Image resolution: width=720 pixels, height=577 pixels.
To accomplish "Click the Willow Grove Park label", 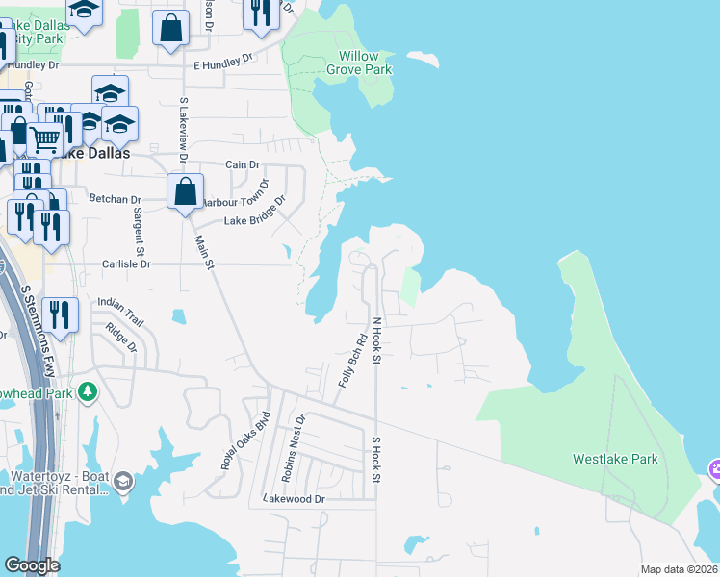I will [x=359, y=63].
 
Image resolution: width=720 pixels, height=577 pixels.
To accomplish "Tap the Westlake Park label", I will [x=615, y=459].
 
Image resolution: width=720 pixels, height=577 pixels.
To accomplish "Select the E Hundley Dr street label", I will [x=222, y=65].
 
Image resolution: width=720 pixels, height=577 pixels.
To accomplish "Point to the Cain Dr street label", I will [x=243, y=164].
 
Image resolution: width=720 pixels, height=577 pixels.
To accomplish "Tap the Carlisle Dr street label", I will [x=122, y=263].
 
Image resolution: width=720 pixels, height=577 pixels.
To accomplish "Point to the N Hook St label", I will [x=377, y=341].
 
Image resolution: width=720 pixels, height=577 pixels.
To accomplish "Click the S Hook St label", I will [x=377, y=460].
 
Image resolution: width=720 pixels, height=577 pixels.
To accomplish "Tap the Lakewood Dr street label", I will [x=295, y=499].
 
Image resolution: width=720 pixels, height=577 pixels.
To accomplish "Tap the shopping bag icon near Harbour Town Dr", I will [x=184, y=190].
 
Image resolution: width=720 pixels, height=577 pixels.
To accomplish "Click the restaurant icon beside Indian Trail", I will [x=60, y=315].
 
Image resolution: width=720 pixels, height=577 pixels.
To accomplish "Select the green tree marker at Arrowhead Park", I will [x=88, y=391].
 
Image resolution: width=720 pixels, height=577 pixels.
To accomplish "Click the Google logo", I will [x=32, y=565].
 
